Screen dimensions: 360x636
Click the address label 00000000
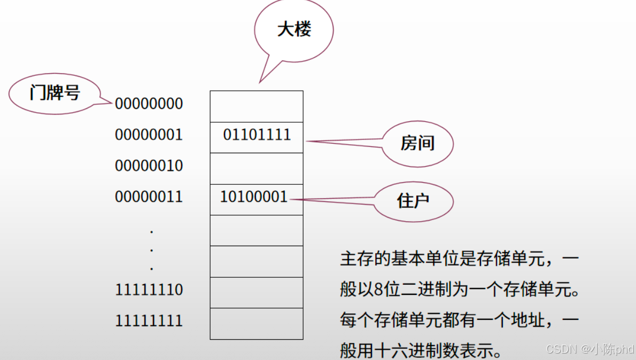(x=149, y=104)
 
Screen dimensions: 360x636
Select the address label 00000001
(x=149, y=135)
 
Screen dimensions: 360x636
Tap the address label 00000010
(x=149, y=166)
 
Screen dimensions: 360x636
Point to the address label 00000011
(x=149, y=197)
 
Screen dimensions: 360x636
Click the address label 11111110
(x=149, y=289)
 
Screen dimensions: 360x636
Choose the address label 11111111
(x=149, y=320)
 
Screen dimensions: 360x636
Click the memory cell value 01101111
(x=257, y=135)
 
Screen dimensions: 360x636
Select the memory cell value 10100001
(x=254, y=197)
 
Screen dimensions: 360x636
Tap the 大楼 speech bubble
(x=294, y=30)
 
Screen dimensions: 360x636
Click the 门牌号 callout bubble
(x=55, y=93)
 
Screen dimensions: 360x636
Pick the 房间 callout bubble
(x=417, y=143)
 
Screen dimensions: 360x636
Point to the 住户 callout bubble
(x=414, y=201)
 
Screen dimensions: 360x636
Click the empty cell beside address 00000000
(x=257, y=106)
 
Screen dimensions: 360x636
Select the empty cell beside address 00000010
(x=257, y=168)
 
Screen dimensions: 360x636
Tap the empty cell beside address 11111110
(x=257, y=292)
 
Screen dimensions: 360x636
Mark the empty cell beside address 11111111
(x=257, y=324)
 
